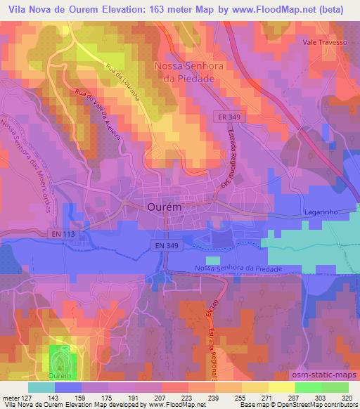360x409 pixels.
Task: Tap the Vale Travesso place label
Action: point(326,42)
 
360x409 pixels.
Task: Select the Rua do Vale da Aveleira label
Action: point(102,114)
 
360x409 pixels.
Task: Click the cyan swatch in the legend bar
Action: point(41,387)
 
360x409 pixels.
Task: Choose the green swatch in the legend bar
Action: point(307,387)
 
